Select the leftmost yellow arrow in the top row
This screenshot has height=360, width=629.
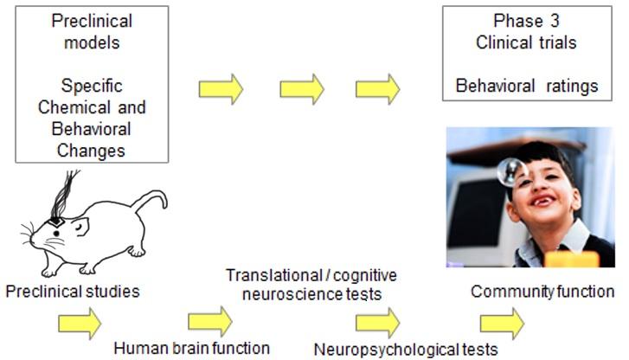click(x=221, y=88)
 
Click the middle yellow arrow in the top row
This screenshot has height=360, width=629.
click(x=301, y=88)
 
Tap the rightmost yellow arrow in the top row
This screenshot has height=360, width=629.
click(x=378, y=88)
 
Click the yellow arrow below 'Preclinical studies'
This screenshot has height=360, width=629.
click(x=79, y=323)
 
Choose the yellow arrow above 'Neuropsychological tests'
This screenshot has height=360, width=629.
click(x=377, y=322)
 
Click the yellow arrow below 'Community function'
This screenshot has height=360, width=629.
click(x=502, y=323)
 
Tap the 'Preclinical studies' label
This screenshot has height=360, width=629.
click(x=72, y=292)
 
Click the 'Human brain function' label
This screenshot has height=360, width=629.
click(x=192, y=349)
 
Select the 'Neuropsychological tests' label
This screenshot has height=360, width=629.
click(x=406, y=349)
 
